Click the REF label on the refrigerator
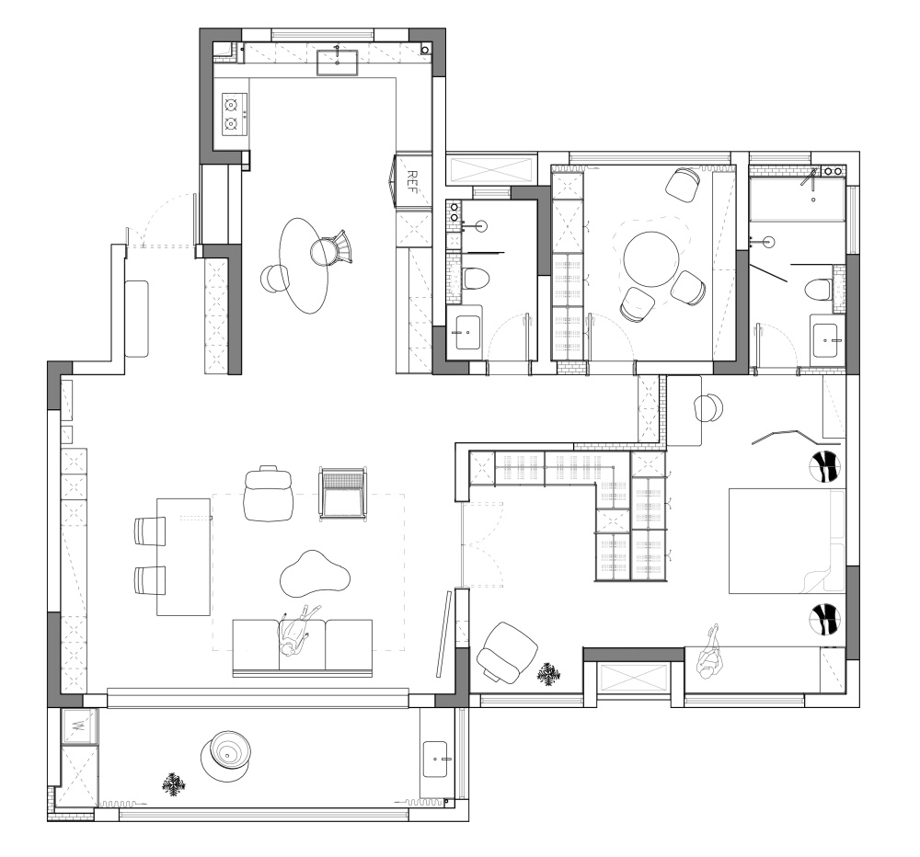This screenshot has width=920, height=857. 412,182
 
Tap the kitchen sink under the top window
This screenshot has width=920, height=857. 338,63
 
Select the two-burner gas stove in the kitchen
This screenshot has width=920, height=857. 234,114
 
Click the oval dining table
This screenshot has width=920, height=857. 304,266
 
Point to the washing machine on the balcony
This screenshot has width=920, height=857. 78,726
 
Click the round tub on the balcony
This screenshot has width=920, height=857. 226,755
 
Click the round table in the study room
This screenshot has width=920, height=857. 651,258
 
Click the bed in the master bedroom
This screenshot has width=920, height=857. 787,541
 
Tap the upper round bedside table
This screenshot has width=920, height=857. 825,467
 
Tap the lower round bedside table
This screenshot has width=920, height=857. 825,620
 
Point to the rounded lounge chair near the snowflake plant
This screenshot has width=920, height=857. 507,653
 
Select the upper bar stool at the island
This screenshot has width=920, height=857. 150,531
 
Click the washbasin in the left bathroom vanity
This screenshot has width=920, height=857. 467,333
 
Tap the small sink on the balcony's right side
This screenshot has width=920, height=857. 436,759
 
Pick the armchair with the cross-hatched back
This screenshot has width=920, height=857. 342,493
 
